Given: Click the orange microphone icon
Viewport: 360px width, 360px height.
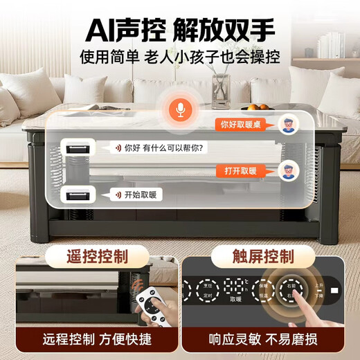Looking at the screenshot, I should tap(180, 111).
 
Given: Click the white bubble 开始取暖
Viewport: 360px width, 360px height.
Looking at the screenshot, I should tap(137, 195).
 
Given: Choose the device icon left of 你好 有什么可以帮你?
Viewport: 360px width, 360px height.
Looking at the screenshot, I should tap(77, 147).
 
